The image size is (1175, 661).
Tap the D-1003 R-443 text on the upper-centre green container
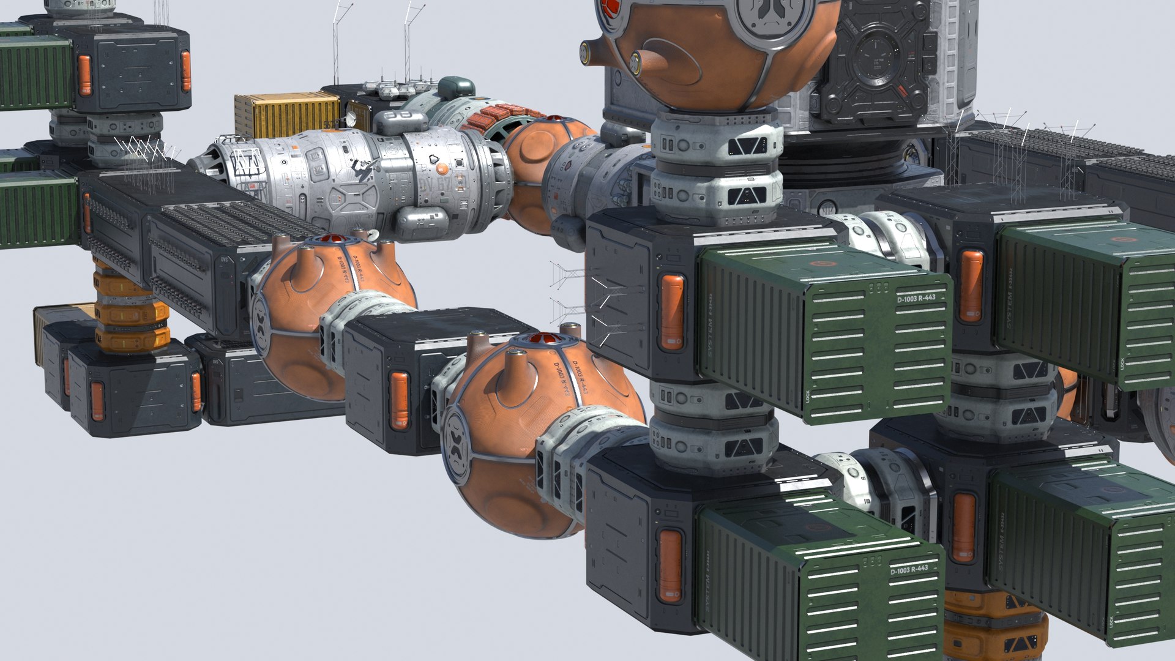click(x=916, y=298)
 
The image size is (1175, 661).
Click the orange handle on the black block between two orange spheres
click(x=398, y=400)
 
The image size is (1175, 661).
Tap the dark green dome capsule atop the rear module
click(x=456, y=88)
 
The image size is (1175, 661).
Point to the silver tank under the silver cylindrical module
click(x=422, y=221)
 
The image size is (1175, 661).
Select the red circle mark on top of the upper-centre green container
click(x=819, y=264)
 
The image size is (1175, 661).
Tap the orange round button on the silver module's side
click(x=442, y=169)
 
